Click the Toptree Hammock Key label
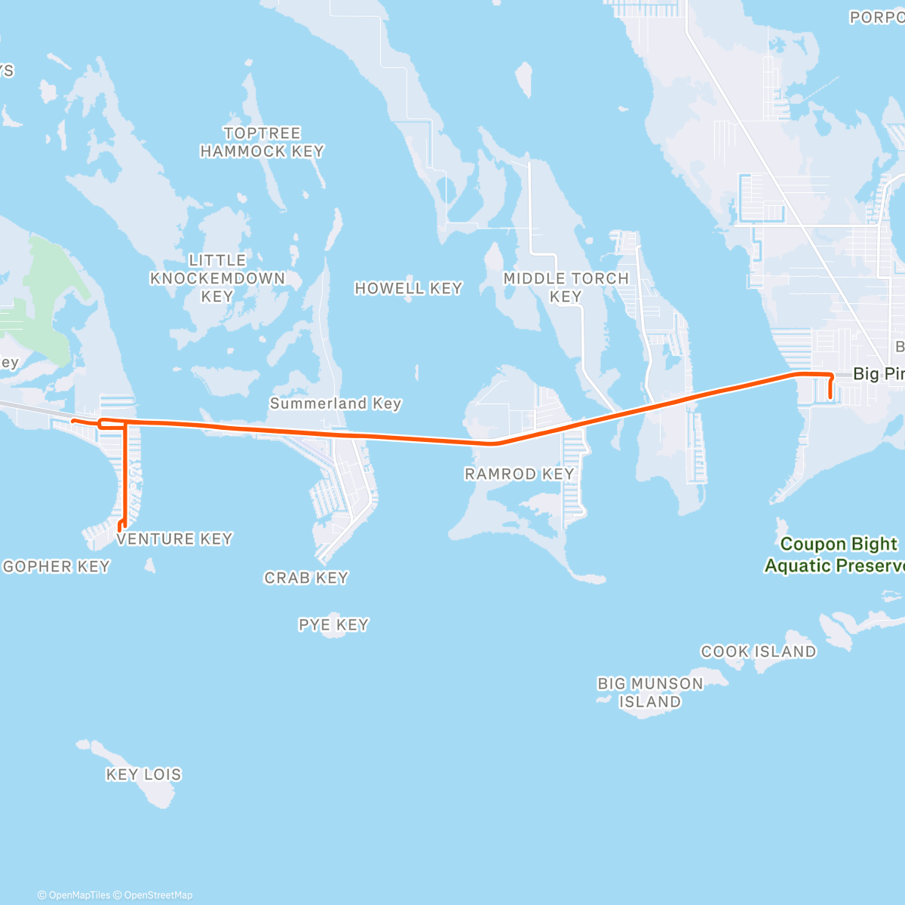(262, 143)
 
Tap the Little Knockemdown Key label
(217, 278)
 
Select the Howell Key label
(408, 288)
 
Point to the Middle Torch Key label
(566, 287)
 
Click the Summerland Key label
(336, 403)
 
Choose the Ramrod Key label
(519, 474)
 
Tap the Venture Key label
(174, 539)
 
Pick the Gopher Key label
(57, 566)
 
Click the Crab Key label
(305, 578)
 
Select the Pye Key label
(333, 624)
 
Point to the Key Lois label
(143, 775)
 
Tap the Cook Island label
(758, 652)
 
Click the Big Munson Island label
(650, 692)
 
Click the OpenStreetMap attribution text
(158, 895)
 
